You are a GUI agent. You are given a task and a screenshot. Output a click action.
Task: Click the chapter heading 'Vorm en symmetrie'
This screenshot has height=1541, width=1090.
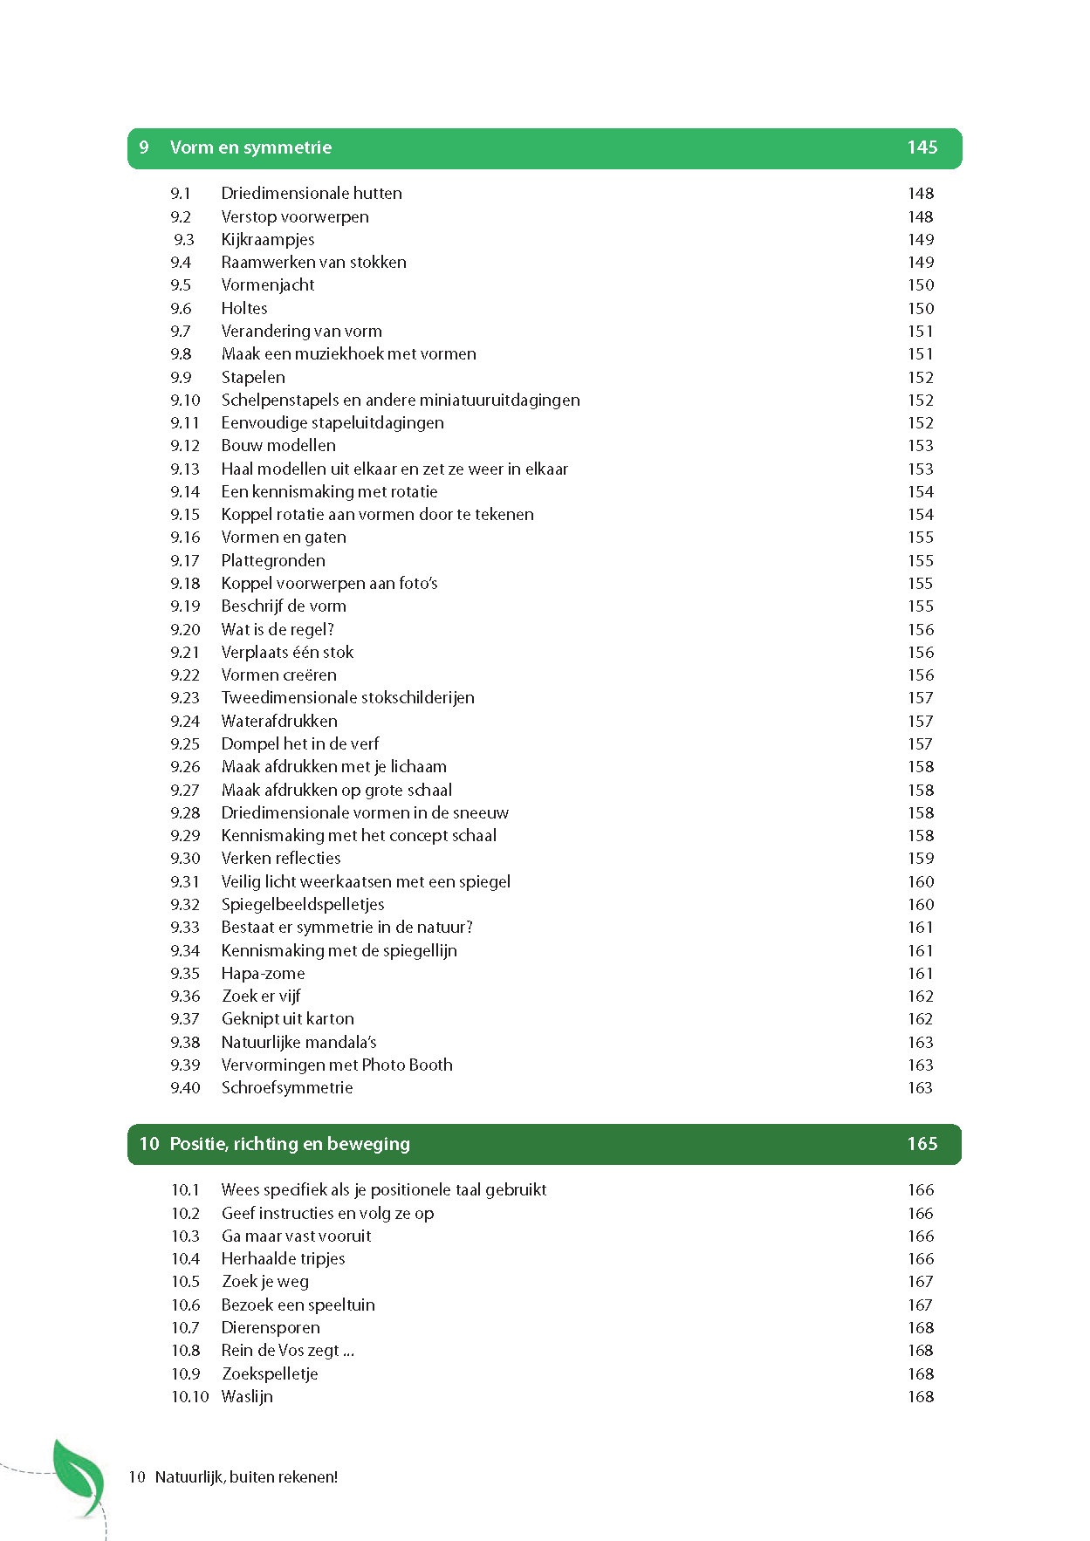(x=250, y=147)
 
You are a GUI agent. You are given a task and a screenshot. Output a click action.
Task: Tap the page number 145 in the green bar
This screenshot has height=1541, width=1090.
(x=922, y=147)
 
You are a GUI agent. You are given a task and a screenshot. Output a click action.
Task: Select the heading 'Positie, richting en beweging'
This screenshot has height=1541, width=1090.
(x=289, y=1144)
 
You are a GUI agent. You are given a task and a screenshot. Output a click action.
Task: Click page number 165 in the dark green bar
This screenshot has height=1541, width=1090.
(x=922, y=1144)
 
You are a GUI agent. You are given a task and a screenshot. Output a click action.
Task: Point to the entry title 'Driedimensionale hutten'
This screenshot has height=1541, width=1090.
(x=312, y=193)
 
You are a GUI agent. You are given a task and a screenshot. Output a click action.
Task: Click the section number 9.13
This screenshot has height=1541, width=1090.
(x=185, y=469)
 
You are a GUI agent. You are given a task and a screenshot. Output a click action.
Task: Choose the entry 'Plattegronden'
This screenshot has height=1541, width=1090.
(x=273, y=560)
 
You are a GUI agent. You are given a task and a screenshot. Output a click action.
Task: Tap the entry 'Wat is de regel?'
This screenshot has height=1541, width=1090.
(x=278, y=629)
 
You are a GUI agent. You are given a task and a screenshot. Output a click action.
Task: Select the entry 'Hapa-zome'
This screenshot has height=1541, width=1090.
(x=263, y=973)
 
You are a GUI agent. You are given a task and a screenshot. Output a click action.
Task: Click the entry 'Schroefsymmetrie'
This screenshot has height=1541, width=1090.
(x=287, y=1087)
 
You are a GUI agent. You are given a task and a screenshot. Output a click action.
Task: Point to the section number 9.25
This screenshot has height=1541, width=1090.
(x=185, y=743)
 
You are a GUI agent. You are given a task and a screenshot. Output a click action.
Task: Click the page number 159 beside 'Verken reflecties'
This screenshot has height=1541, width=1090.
(x=921, y=858)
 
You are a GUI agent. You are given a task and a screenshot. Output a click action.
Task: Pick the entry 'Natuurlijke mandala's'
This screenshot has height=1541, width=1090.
(x=298, y=1042)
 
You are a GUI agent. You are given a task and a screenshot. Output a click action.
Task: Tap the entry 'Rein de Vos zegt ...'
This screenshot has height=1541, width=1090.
(x=287, y=1350)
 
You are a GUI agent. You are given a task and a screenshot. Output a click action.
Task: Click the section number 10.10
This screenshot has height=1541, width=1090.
(x=190, y=1396)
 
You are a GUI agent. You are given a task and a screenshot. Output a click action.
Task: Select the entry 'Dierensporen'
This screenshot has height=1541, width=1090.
(x=271, y=1327)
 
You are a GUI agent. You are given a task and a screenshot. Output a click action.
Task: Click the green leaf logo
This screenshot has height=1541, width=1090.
(x=79, y=1478)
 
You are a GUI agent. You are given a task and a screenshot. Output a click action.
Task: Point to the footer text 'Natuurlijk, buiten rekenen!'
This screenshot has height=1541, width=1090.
(x=246, y=1477)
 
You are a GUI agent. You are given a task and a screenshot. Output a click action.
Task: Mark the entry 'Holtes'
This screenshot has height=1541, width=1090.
(x=244, y=308)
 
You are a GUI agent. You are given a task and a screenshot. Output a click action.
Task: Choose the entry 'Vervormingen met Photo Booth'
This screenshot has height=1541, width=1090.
(x=337, y=1065)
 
